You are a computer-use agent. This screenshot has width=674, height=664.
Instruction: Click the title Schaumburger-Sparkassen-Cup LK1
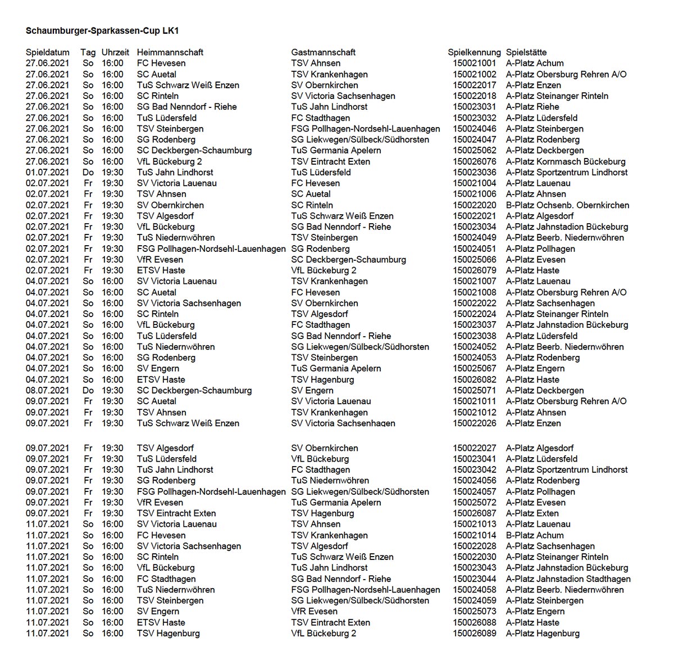point(106,30)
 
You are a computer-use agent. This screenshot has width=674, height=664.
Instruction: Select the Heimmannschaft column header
point(170,52)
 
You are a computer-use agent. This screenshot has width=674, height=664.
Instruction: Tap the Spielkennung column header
point(474,52)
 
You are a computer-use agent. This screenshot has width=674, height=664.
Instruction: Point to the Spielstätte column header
point(526,52)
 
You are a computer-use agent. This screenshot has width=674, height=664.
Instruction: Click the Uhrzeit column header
point(115,52)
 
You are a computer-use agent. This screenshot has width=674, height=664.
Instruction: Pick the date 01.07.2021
point(48,172)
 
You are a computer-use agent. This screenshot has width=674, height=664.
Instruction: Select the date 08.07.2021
point(48,390)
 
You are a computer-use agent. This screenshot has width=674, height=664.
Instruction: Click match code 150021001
point(475,63)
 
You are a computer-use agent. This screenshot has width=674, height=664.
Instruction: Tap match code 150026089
point(475,633)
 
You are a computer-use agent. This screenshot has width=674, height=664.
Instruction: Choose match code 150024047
point(475,139)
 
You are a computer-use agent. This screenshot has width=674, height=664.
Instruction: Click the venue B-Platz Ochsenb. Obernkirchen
point(567,205)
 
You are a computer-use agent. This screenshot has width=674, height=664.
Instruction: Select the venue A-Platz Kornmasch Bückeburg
point(566,161)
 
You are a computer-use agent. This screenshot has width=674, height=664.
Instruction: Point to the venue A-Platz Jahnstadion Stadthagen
point(568,579)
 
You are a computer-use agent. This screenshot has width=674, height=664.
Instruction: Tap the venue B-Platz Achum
point(535,535)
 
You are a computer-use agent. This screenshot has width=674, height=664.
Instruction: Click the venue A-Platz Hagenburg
point(543,633)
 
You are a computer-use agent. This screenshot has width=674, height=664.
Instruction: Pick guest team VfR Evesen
point(315,611)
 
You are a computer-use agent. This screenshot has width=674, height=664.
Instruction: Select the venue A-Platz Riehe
point(532,107)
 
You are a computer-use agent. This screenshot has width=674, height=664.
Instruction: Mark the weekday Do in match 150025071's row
point(88,390)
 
